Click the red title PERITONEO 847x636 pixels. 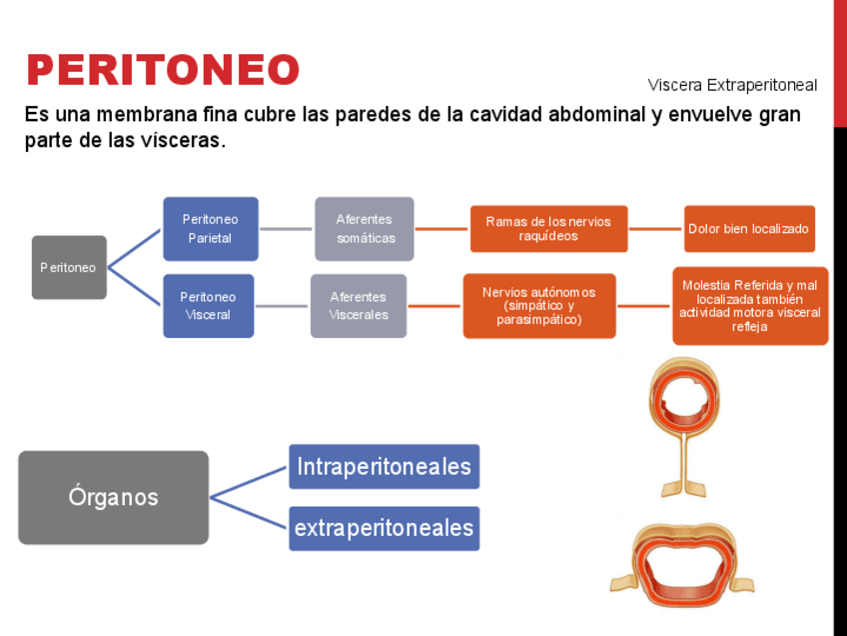pyautogui.click(x=163, y=70)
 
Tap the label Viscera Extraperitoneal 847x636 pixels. pyautogui.click(x=731, y=85)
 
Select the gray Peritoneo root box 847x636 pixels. pyautogui.click(x=69, y=267)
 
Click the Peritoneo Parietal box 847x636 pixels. pyautogui.click(x=210, y=229)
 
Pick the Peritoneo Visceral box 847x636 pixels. pyautogui.click(x=208, y=306)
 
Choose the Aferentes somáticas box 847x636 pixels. pyautogui.click(x=365, y=229)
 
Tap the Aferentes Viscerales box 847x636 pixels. pyautogui.click(x=359, y=306)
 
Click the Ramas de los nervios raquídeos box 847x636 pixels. pyautogui.click(x=548, y=229)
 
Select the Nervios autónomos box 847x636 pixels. pyautogui.click(x=538, y=306)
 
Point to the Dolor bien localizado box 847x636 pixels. pyautogui.click(x=749, y=229)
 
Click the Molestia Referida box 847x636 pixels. pyautogui.click(x=749, y=306)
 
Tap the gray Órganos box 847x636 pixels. pyautogui.click(x=113, y=497)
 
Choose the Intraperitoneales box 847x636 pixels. pyautogui.click(x=384, y=467)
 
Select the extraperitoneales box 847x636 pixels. pyautogui.click(x=384, y=528)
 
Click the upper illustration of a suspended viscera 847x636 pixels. pyautogui.click(x=683, y=420)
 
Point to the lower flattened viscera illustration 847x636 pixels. pyautogui.click(x=681, y=565)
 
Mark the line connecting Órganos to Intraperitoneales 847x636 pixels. pyautogui.click(x=249, y=482)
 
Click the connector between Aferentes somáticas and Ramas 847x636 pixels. pyautogui.click(x=441, y=229)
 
